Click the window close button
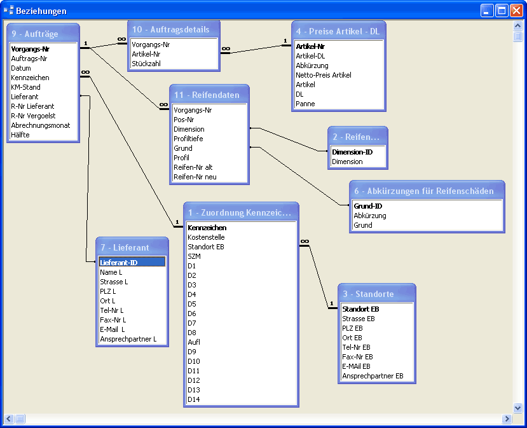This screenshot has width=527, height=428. [x=516, y=11]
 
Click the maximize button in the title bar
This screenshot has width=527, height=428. [x=502, y=11]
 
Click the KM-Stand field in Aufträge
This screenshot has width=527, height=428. [x=25, y=87]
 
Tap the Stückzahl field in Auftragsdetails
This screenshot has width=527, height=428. [x=146, y=64]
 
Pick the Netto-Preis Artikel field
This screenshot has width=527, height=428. [x=324, y=75]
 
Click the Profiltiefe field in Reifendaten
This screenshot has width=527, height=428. [x=188, y=139]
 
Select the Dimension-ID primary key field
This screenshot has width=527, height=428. [x=352, y=152]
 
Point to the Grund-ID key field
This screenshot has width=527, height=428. [x=367, y=206]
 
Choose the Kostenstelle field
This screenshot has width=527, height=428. [x=206, y=237]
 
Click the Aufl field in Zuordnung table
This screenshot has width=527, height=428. [x=194, y=342]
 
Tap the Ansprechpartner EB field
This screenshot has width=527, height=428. [x=373, y=376]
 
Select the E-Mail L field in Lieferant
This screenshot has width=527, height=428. [x=113, y=329]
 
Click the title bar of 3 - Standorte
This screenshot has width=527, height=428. [x=377, y=294]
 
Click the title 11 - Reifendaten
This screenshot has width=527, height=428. [x=207, y=95]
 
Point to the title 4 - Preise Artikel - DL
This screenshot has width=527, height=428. [x=338, y=31]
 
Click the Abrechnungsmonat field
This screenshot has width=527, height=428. [x=40, y=125]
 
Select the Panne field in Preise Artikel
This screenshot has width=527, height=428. [x=305, y=104]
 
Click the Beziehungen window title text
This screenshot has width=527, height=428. [x=41, y=11]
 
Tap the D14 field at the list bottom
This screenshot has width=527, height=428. [x=194, y=399]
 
